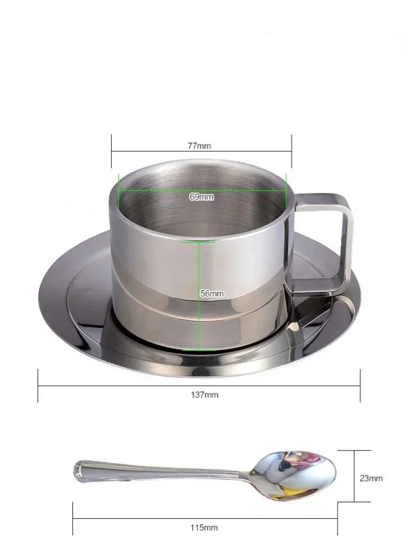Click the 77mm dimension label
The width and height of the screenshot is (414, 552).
click(x=199, y=146)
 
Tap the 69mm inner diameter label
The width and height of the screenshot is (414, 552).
click(x=201, y=197)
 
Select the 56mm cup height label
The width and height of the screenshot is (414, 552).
click(x=211, y=294)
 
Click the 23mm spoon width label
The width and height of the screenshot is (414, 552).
click(x=371, y=479)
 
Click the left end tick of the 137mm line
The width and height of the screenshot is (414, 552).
click(x=38, y=385)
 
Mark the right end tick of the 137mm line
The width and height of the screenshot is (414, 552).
click(x=360, y=385)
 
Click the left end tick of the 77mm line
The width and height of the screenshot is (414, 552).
click(x=112, y=150)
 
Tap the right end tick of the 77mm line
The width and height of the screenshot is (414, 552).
click(x=292, y=150)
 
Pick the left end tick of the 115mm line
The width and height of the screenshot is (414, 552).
click(x=73, y=518)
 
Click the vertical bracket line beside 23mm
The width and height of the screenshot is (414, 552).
click(x=354, y=476)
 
